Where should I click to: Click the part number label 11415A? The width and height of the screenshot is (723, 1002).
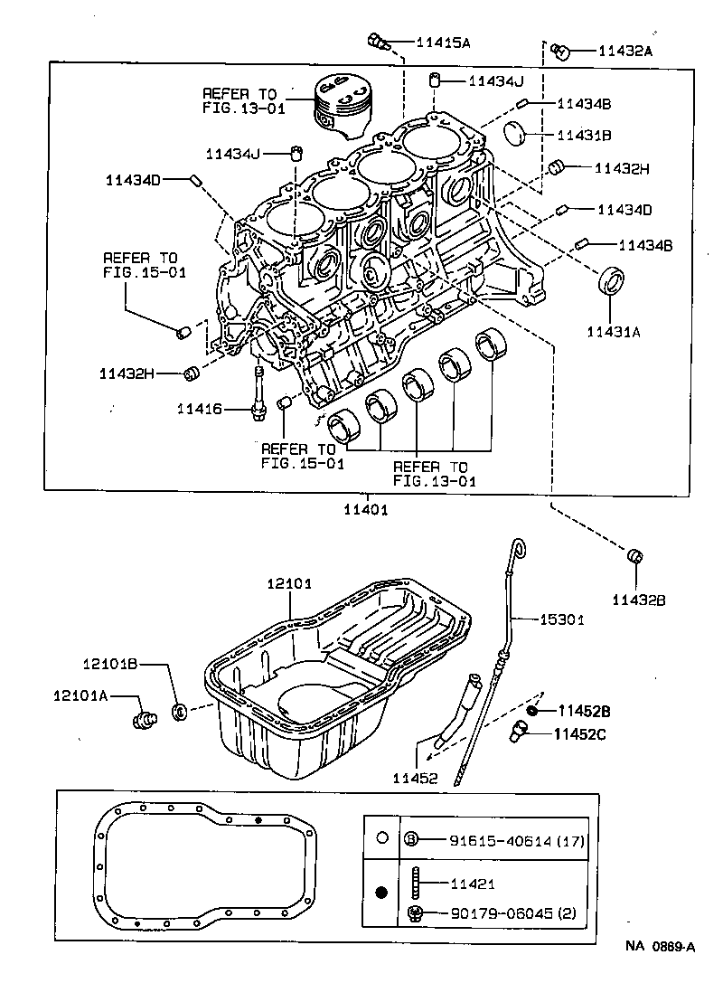click(443, 42)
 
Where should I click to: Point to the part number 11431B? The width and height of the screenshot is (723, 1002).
click(584, 136)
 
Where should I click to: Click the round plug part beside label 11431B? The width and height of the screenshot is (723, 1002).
click(516, 132)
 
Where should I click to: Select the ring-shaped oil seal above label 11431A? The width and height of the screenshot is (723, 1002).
click(614, 280)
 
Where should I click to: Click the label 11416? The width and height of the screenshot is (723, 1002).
click(199, 409)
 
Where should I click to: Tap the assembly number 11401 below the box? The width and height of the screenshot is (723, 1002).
click(365, 509)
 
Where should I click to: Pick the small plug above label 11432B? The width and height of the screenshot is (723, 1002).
click(635, 555)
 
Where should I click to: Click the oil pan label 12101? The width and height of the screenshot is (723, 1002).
click(288, 584)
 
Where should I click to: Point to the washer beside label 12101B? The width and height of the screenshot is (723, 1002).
click(179, 712)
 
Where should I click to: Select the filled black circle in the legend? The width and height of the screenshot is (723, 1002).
click(381, 893)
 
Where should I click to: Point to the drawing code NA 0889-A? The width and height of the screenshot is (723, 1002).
click(661, 947)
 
